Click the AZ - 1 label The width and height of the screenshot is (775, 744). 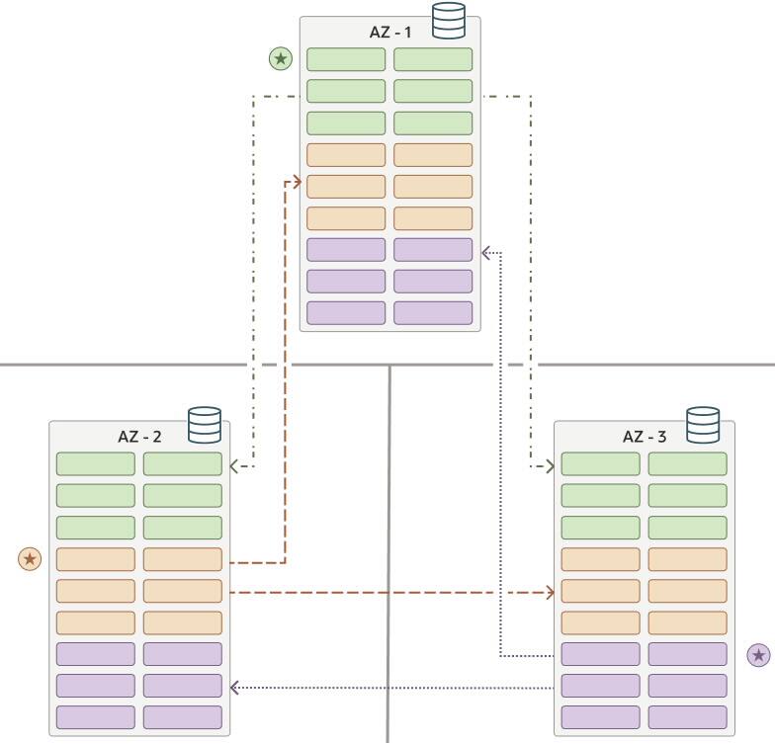point(390,32)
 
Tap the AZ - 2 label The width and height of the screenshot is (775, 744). point(139,437)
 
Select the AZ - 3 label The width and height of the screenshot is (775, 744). point(645,437)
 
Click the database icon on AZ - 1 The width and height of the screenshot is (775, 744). point(449,21)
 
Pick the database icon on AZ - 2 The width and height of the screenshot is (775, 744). point(205,426)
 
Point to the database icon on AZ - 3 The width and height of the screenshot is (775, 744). point(703,426)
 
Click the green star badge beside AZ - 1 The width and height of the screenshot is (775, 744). point(281,59)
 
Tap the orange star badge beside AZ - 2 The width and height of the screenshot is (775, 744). point(31,559)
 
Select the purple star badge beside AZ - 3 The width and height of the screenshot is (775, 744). point(758,655)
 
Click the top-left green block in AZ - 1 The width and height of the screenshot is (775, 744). point(346,59)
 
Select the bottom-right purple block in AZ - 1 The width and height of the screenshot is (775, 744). point(433,313)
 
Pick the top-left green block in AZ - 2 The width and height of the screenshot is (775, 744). point(96,464)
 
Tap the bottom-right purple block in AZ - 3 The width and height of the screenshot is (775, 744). point(687,717)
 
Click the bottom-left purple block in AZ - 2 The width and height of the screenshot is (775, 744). point(96,717)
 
